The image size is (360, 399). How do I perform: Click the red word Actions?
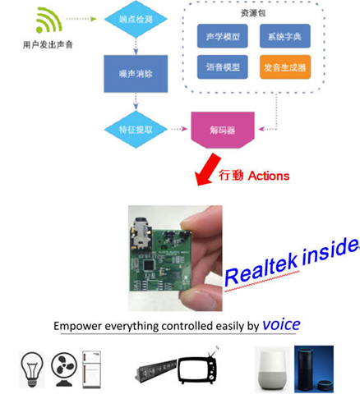pyautogui.click(x=268, y=176)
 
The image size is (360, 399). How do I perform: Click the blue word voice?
pyautogui.click(x=281, y=324)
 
